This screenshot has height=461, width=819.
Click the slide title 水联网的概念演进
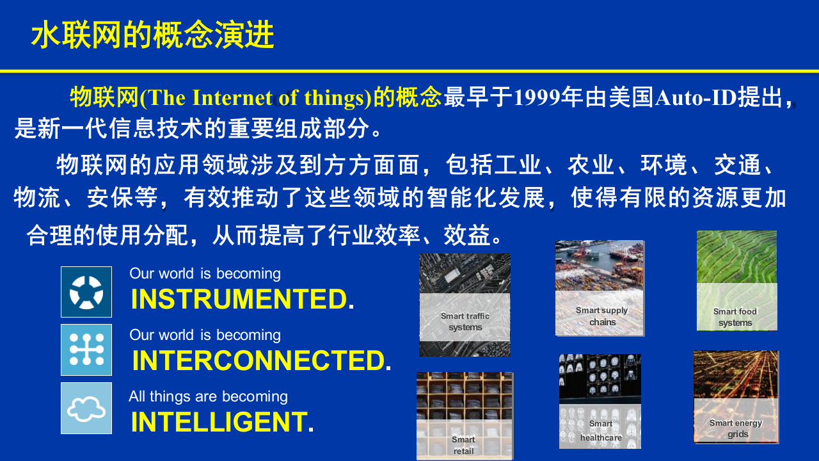[152, 36]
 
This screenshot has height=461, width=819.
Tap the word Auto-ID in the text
[696, 98]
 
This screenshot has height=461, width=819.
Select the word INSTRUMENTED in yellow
[239, 300]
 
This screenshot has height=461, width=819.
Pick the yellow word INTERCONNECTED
[258, 361]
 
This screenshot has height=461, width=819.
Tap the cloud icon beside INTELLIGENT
[86, 408]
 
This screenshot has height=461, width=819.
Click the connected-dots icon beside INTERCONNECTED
[86, 350]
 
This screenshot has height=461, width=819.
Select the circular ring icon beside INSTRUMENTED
[86, 292]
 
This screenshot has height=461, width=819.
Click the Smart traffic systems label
[465, 321]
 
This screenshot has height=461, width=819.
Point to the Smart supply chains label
[601, 316]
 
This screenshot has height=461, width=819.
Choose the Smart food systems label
[735, 317]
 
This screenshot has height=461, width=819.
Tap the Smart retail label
[463, 445]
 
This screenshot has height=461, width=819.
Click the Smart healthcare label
[601, 431]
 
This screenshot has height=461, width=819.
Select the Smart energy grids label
[736, 428]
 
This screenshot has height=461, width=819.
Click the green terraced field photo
[736, 257]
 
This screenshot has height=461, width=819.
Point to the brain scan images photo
[600, 378]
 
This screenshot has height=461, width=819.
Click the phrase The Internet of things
[255, 98]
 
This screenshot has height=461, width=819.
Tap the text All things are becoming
[208, 396]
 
